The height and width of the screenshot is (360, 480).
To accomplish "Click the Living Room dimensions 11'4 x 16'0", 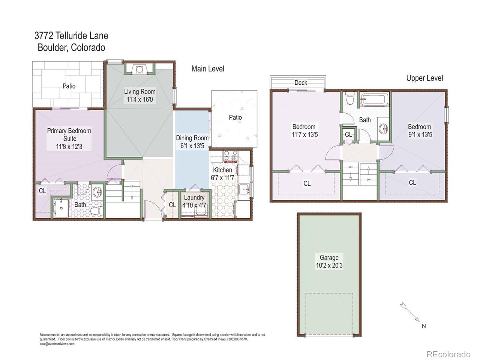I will pyautogui.click(x=139, y=100).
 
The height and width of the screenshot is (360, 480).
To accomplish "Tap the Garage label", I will pyautogui.click(x=329, y=258).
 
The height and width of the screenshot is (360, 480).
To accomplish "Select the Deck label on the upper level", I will pyautogui.click(x=300, y=83).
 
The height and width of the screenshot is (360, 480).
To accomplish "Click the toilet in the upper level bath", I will pyautogui.click(x=349, y=99).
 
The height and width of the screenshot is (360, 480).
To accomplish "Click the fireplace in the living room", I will pyautogui.click(x=139, y=69).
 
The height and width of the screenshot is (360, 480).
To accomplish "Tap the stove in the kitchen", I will pyautogui.click(x=230, y=156).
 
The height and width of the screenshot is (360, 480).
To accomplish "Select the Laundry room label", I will pyautogui.click(x=194, y=198).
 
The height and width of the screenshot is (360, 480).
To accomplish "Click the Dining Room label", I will pyautogui.click(x=192, y=138).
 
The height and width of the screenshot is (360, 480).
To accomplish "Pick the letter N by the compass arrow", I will pyautogui.click(x=424, y=326).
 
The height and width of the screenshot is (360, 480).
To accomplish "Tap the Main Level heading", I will pyautogui.click(x=208, y=69).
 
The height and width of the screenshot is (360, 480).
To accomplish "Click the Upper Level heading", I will pyautogui.click(x=424, y=78).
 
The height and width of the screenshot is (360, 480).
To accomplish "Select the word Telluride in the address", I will pyautogui.click(x=72, y=36).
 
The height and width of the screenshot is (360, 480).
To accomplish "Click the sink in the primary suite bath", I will pyautogui.click(x=97, y=192).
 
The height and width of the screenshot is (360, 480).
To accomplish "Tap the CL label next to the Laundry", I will pyautogui.click(x=172, y=205).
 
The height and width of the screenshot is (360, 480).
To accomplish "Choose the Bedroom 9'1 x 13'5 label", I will pyautogui.click(x=419, y=130).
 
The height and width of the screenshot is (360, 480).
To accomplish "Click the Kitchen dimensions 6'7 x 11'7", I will pyautogui.click(x=223, y=178).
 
